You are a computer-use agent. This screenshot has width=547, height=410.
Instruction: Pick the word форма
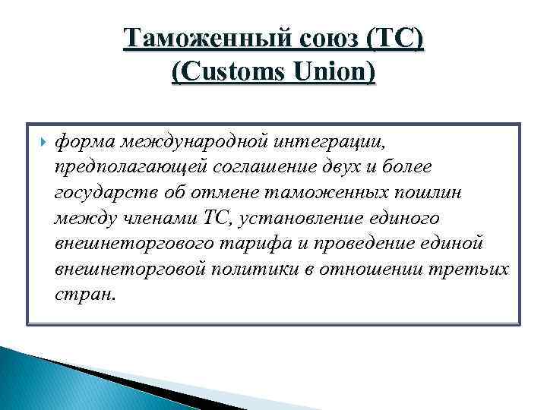click(81, 140)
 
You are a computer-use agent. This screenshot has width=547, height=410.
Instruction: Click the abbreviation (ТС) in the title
click(396, 37)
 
